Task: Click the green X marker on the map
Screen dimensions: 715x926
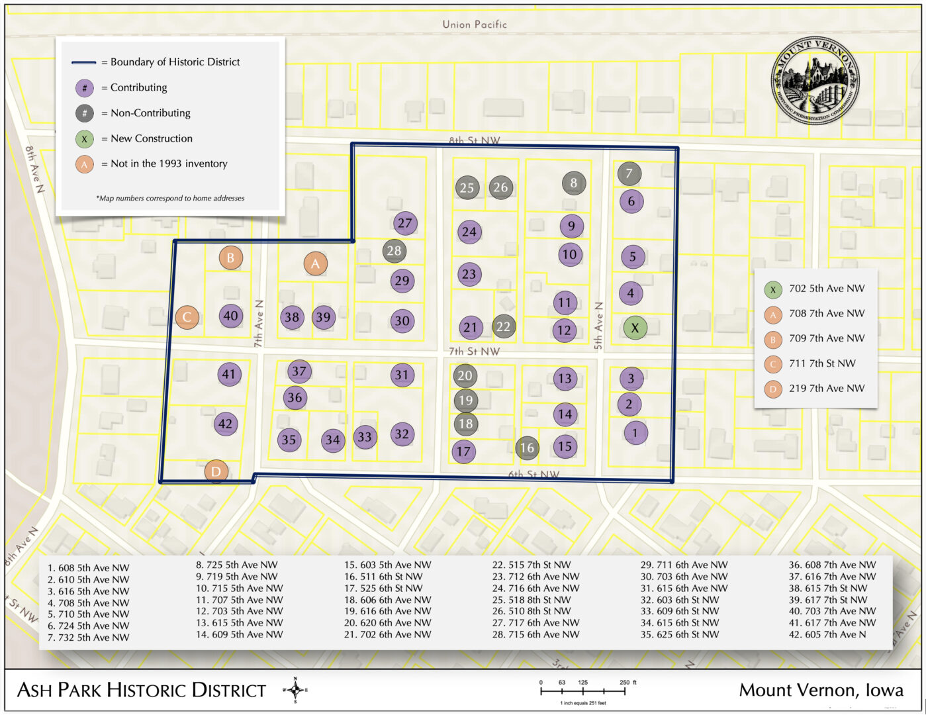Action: [635, 328]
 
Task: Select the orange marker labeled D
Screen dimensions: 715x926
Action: [216, 472]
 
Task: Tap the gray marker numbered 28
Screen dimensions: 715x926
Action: [394, 251]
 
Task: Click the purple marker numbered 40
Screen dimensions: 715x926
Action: [230, 316]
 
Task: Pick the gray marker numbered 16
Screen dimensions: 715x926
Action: [527, 448]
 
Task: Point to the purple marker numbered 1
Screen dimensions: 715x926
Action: [635, 433]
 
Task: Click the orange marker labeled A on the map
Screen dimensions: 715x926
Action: [315, 263]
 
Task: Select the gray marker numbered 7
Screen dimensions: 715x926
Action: [629, 173]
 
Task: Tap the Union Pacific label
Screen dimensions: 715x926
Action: [475, 24]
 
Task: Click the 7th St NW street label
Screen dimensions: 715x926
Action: [474, 352]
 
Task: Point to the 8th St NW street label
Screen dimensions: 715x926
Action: [475, 140]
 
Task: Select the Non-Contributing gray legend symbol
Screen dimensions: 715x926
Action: [85, 113]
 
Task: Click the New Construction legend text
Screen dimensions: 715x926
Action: [152, 138]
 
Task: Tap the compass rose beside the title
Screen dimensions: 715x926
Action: [295, 690]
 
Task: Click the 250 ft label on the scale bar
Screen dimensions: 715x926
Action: [627, 683]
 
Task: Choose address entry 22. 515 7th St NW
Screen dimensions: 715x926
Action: [531, 565]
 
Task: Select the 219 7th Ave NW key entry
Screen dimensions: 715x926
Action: [826, 389]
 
